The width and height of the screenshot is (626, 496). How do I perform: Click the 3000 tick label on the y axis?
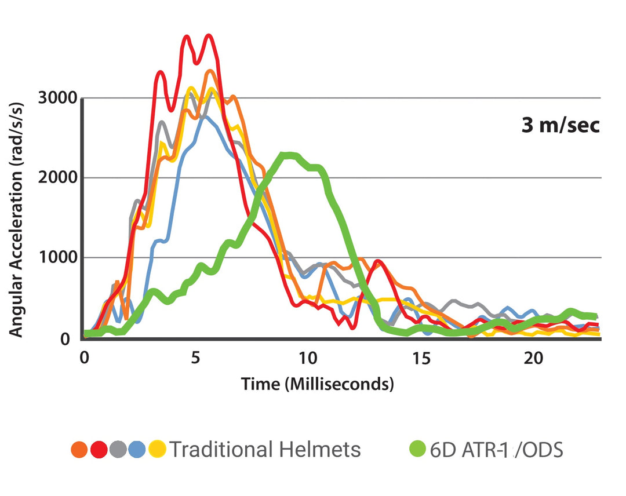coord(57,97)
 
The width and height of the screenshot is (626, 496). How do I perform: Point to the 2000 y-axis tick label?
coord(57,178)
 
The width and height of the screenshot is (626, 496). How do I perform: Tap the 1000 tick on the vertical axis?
coord(57,258)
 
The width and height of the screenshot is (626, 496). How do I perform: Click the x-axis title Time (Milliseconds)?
coord(317,384)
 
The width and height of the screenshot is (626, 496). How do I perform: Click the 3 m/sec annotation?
coord(560,126)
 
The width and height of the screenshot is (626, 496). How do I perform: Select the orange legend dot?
coord(79,449)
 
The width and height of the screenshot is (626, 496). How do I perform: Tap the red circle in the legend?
coord(99,449)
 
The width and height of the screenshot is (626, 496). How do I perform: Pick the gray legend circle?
coord(118,449)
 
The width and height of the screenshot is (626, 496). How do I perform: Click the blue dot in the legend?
coord(137,449)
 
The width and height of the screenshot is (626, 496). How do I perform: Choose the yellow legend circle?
coord(156,449)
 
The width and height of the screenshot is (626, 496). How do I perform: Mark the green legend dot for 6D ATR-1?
coord(417,449)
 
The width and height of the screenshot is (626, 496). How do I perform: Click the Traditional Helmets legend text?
coord(265,449)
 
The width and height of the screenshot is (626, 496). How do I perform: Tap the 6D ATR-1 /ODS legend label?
coord(496,450)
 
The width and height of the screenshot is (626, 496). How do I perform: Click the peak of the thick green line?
coord(287,155)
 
